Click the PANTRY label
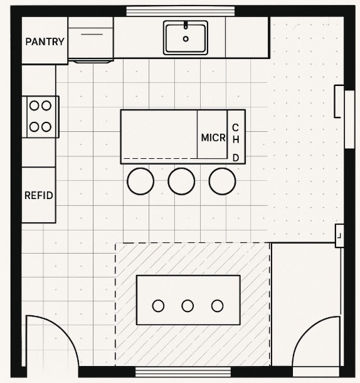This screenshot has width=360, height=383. tap(45, 42)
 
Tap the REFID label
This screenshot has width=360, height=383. tap(38, 195)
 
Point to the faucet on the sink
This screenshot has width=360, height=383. tap(186, 26)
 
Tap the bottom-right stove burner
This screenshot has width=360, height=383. tap(46, 126)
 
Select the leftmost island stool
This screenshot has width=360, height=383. tap(140, 181)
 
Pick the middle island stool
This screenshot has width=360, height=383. tap(181, 181)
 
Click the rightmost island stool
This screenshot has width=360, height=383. tap(222, 181)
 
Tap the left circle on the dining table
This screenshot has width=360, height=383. tap(158, 306)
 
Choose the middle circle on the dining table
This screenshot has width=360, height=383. tap(188, 306)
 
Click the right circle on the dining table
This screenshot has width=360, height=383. tap(217, 306)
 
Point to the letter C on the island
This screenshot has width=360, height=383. tap(236, 127)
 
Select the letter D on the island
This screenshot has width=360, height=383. tap(236, 157)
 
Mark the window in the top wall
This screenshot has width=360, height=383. tap(180, 10)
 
